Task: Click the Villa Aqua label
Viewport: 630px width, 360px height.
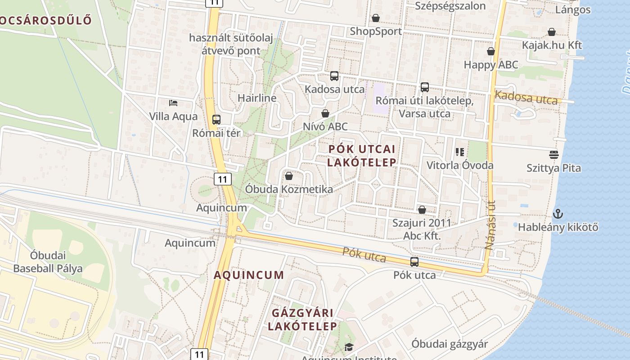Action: (x=173, y=117)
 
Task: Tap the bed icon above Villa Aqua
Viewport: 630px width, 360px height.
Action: (x=173, y=103)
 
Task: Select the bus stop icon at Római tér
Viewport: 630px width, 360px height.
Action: (x=216, y=120)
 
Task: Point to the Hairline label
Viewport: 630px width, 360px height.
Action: (x=257, y=98)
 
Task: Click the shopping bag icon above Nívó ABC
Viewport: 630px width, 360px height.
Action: (x=325, y=113)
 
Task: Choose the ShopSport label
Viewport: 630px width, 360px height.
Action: (x=376, y=31)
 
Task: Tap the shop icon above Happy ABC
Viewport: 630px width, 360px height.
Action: (x=491, y=52)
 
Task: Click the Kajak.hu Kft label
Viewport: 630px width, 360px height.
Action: (x=552, y=45)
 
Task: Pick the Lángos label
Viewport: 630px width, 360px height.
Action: (x=573, y=10)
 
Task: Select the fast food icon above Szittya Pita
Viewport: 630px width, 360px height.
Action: (x=554, y=155)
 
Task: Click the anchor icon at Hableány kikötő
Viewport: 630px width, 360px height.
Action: (x=558, y=214)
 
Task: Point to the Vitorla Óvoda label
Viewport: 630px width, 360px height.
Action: (x=460, y=165)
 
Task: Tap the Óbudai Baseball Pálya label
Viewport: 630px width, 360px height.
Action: (x=48, y=262)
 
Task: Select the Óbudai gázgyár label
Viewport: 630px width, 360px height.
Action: (x=450, y=344)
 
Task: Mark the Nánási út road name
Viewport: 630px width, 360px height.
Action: (x=490, y=225)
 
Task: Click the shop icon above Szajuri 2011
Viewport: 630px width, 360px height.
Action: (x=422, y=210)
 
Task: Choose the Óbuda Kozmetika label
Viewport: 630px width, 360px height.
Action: (x=289, y=189)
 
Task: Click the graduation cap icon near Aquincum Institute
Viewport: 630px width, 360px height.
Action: (x=349, y=347)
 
